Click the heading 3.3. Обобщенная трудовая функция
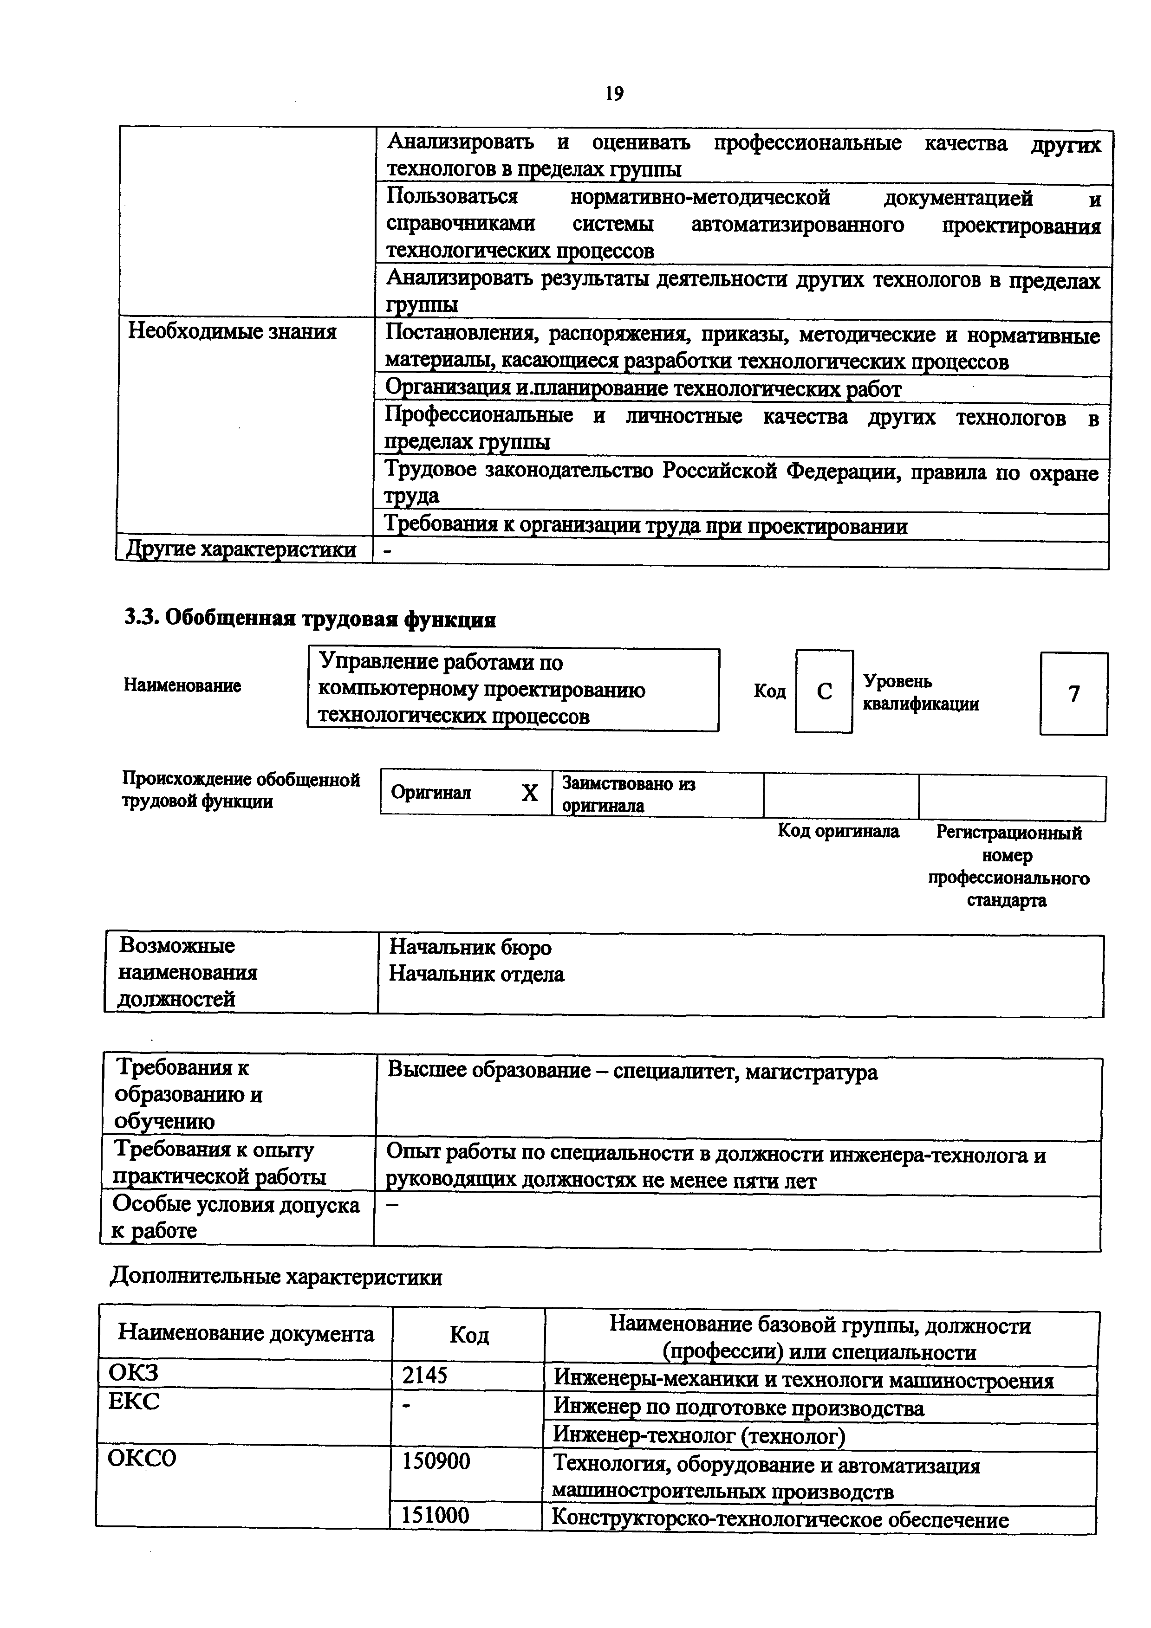(x=310, y=619)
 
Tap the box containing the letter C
(x=824, y=691)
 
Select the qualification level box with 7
(x=1074, y=693)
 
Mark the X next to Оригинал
(x=530, y=793)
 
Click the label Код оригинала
(x=838, y=831)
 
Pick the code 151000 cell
(x=436, y=1516)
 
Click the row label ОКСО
(x=142, y=1459)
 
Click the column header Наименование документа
(x=245, y=1334)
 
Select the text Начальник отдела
(x=476, y=974)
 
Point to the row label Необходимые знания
(x=232, y=331)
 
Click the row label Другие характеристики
(x=241, y=549)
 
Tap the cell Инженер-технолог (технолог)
(x=699, y=1436)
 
